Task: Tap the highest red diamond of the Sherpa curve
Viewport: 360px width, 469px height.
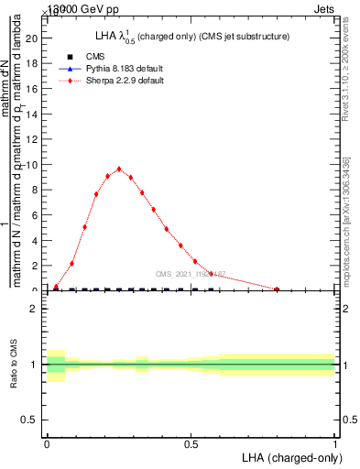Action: pyautogui.click(x=119, y=169)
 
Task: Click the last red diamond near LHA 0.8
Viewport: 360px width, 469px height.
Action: pyautogui.click(x=277, y=289)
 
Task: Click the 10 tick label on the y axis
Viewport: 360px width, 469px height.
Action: pyautogui.click(x=32, y=165)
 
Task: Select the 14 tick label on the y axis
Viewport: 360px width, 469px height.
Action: pyautogui.click(x=32, y=115)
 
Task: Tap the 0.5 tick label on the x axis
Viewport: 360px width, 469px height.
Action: pyautogui.click(x=191, y=444)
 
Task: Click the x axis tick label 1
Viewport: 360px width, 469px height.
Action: pyautogui.click(x=335, y=444)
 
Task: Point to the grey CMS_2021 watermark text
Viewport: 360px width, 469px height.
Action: pyautogui.click(x=190, y=273)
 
